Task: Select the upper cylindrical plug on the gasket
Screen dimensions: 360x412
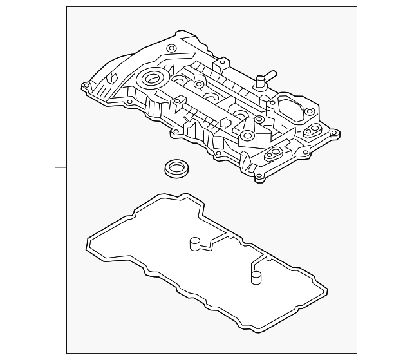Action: [192, 243]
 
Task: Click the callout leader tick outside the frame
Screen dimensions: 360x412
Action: [60, 167]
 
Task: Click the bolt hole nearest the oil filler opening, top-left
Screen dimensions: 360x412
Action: [171, 48]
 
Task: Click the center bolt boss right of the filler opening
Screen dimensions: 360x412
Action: [200, 84]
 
